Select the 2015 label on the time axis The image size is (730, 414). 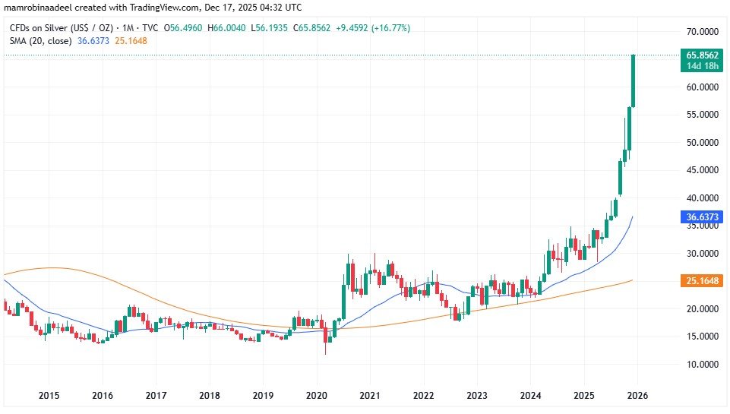[x=49, y=396]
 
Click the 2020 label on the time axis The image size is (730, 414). [x=316, y=396]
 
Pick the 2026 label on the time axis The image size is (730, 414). [x=637, y=396]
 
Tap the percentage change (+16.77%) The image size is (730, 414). [x=385, y=28]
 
